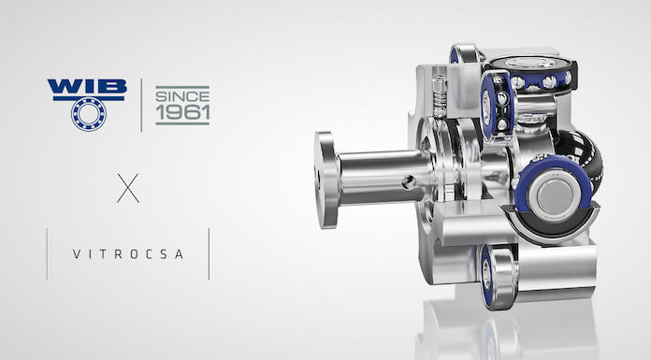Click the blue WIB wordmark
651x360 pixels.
click(x=87, y=86)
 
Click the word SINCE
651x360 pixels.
click(x=182, y=96)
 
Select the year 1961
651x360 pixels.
click(x=182, y=111)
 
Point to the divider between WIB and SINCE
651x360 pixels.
click(x=141, y=106)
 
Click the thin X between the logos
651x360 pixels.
click(x=128, y=188)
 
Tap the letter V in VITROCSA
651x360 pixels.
click(x=77, y=254)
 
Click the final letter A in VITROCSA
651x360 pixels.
click(x=179, y=254)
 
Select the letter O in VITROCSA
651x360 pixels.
click(x=134, y=254)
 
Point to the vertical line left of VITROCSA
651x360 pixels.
click(x=47, y=253)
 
